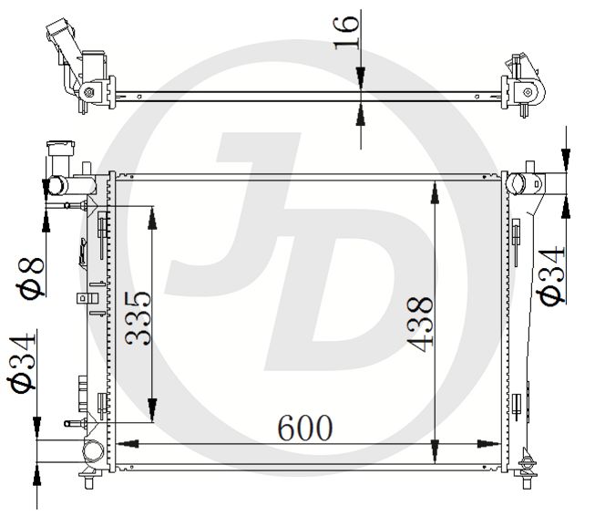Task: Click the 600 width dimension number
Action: [x=305, y=428]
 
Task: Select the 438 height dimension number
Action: [x=420, y=325]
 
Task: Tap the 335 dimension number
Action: [x=138, y=318]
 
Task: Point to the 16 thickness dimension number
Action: [x=346, y=33]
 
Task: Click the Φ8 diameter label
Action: [x=30, y=277]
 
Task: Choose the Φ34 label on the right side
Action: [x=552, y=275]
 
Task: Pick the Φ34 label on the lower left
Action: [x=22, y=363]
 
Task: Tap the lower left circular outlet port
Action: [x=93, y=451]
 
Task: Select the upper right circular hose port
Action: [x=516, y=183]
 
